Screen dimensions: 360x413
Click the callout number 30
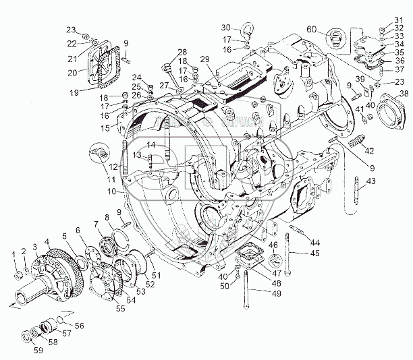pyautogui.click(x=226, y=28)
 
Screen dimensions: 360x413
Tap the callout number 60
pyautogui.click(x=311, y=30)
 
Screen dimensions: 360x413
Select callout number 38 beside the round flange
pyautogui.click(x=403, y=94)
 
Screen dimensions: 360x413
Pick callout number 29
pyautogui.click(x=204, y=60)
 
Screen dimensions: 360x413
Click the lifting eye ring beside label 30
pyautogui.click(x=247, y=29)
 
